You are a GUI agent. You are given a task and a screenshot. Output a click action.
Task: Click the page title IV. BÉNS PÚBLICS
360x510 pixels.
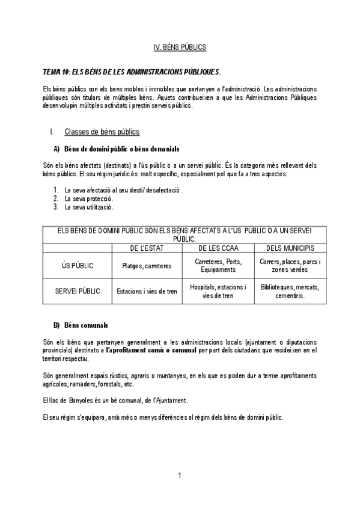click(x=180, y=46)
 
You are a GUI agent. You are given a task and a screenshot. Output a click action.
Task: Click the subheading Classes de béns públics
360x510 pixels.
click(x=102, y=132)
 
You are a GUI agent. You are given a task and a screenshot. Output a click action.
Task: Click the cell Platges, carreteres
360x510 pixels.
click(x=147, y=266)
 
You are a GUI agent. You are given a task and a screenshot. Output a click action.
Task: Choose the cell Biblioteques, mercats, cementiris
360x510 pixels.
click(x=290, y=291)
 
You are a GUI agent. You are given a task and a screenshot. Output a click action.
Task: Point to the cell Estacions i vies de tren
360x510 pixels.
click(x=147, y=292)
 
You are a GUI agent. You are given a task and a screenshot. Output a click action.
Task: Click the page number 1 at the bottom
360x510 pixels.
click(x=180, y=477)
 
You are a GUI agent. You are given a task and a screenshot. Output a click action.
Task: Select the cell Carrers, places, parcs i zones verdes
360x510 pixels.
click(x=290, y=265)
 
